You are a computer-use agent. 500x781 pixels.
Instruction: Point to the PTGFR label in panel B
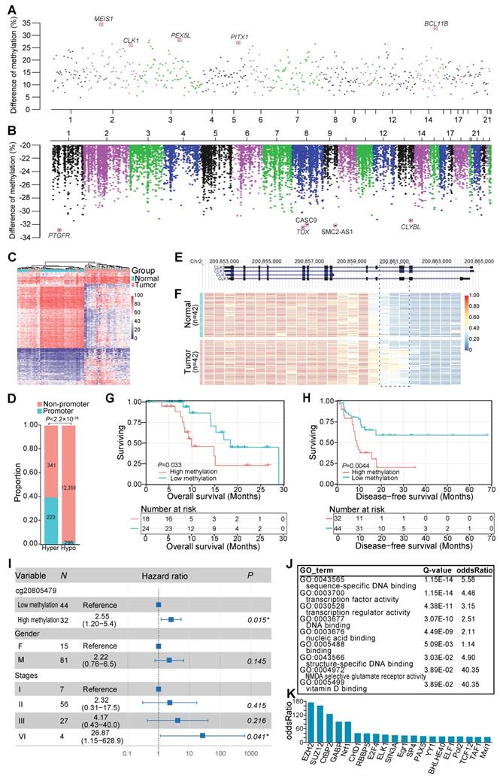point(59,236)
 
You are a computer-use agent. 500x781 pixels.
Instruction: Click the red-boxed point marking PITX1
point(238,43)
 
